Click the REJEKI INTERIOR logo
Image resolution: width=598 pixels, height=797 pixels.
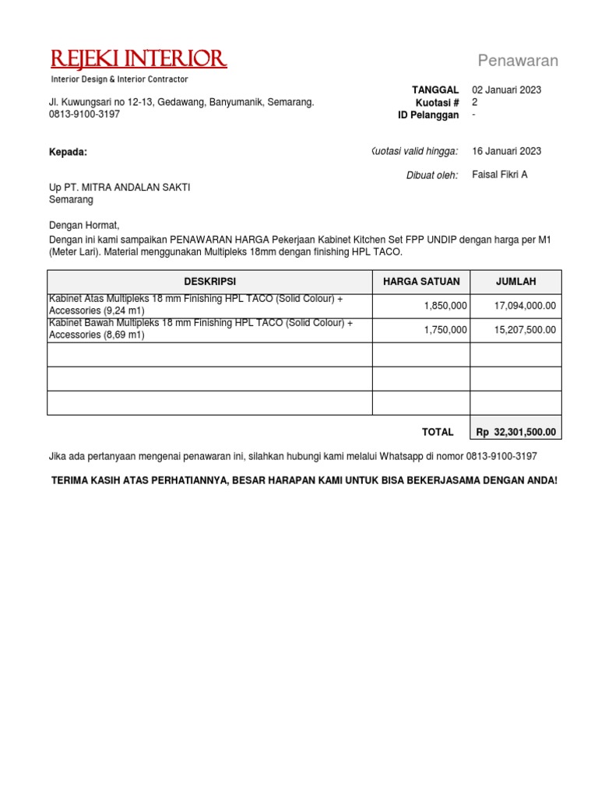139,59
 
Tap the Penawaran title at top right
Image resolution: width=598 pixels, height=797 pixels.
518,61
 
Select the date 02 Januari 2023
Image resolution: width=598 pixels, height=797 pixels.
507,90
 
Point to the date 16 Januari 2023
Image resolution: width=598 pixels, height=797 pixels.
507,151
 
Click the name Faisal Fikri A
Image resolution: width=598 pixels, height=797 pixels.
500,174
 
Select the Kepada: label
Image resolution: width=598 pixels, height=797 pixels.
69,153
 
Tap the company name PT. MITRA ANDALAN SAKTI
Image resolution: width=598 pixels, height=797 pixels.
128,188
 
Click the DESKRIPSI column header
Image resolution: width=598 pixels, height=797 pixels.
209,282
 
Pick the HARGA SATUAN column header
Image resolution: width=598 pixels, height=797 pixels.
421,282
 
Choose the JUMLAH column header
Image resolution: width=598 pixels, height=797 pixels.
516,282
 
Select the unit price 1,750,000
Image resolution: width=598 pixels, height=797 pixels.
445,330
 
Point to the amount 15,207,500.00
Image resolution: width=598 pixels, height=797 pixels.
525,330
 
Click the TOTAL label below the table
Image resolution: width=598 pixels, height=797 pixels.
438,432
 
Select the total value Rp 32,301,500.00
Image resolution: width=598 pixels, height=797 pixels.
516,432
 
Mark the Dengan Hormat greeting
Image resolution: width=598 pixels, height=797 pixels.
84,226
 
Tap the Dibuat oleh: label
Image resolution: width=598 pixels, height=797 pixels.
432,175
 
